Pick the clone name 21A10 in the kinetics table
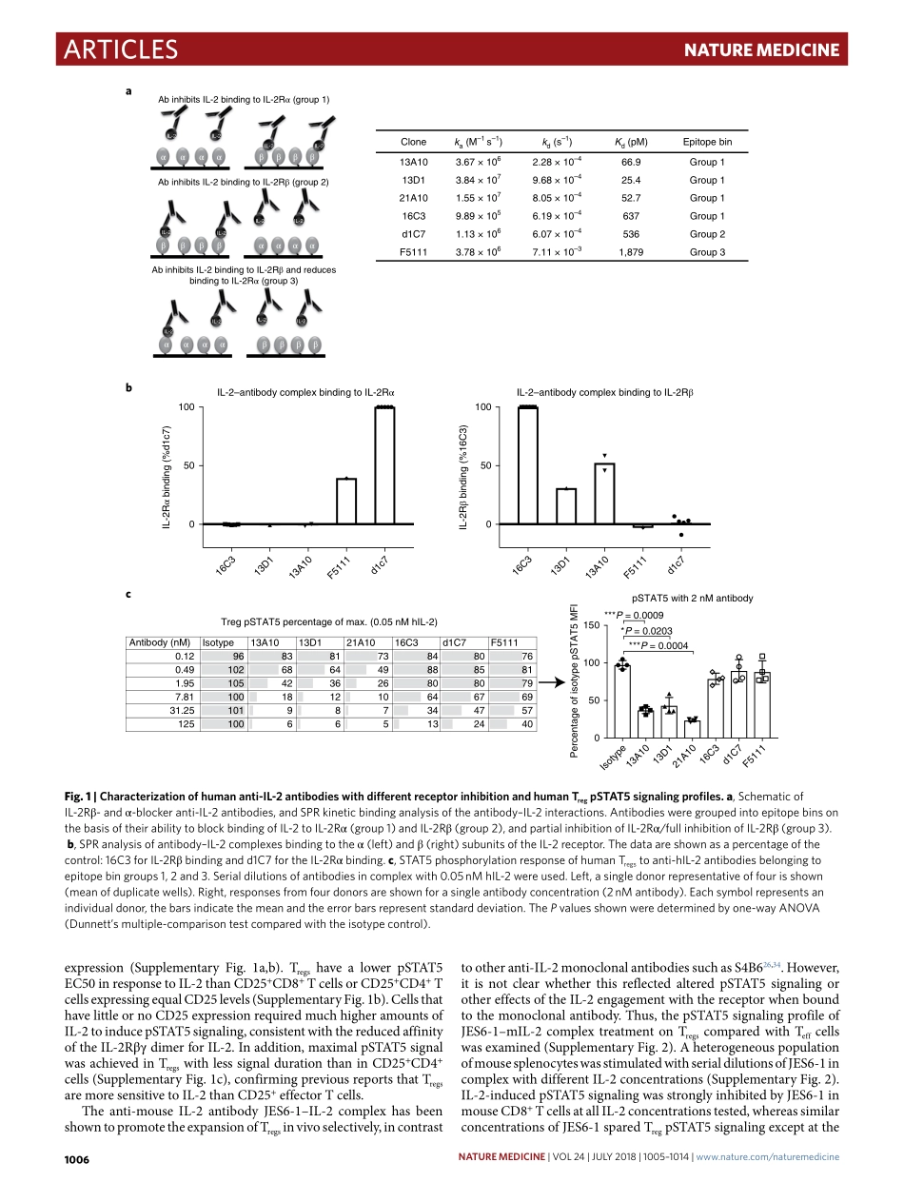pos(414,198)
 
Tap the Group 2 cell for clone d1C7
pos(707,234)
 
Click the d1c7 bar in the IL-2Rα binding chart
pos(384,465)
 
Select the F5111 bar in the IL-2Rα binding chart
pos(346,502)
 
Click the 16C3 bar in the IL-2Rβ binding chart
pos(527,465)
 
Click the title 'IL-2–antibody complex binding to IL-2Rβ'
pos(604,392)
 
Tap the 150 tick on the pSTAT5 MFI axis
pos(592,624)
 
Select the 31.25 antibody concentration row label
pos(182,710)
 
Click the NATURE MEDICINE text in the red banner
pos(762,50)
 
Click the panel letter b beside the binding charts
pos(128,387)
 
